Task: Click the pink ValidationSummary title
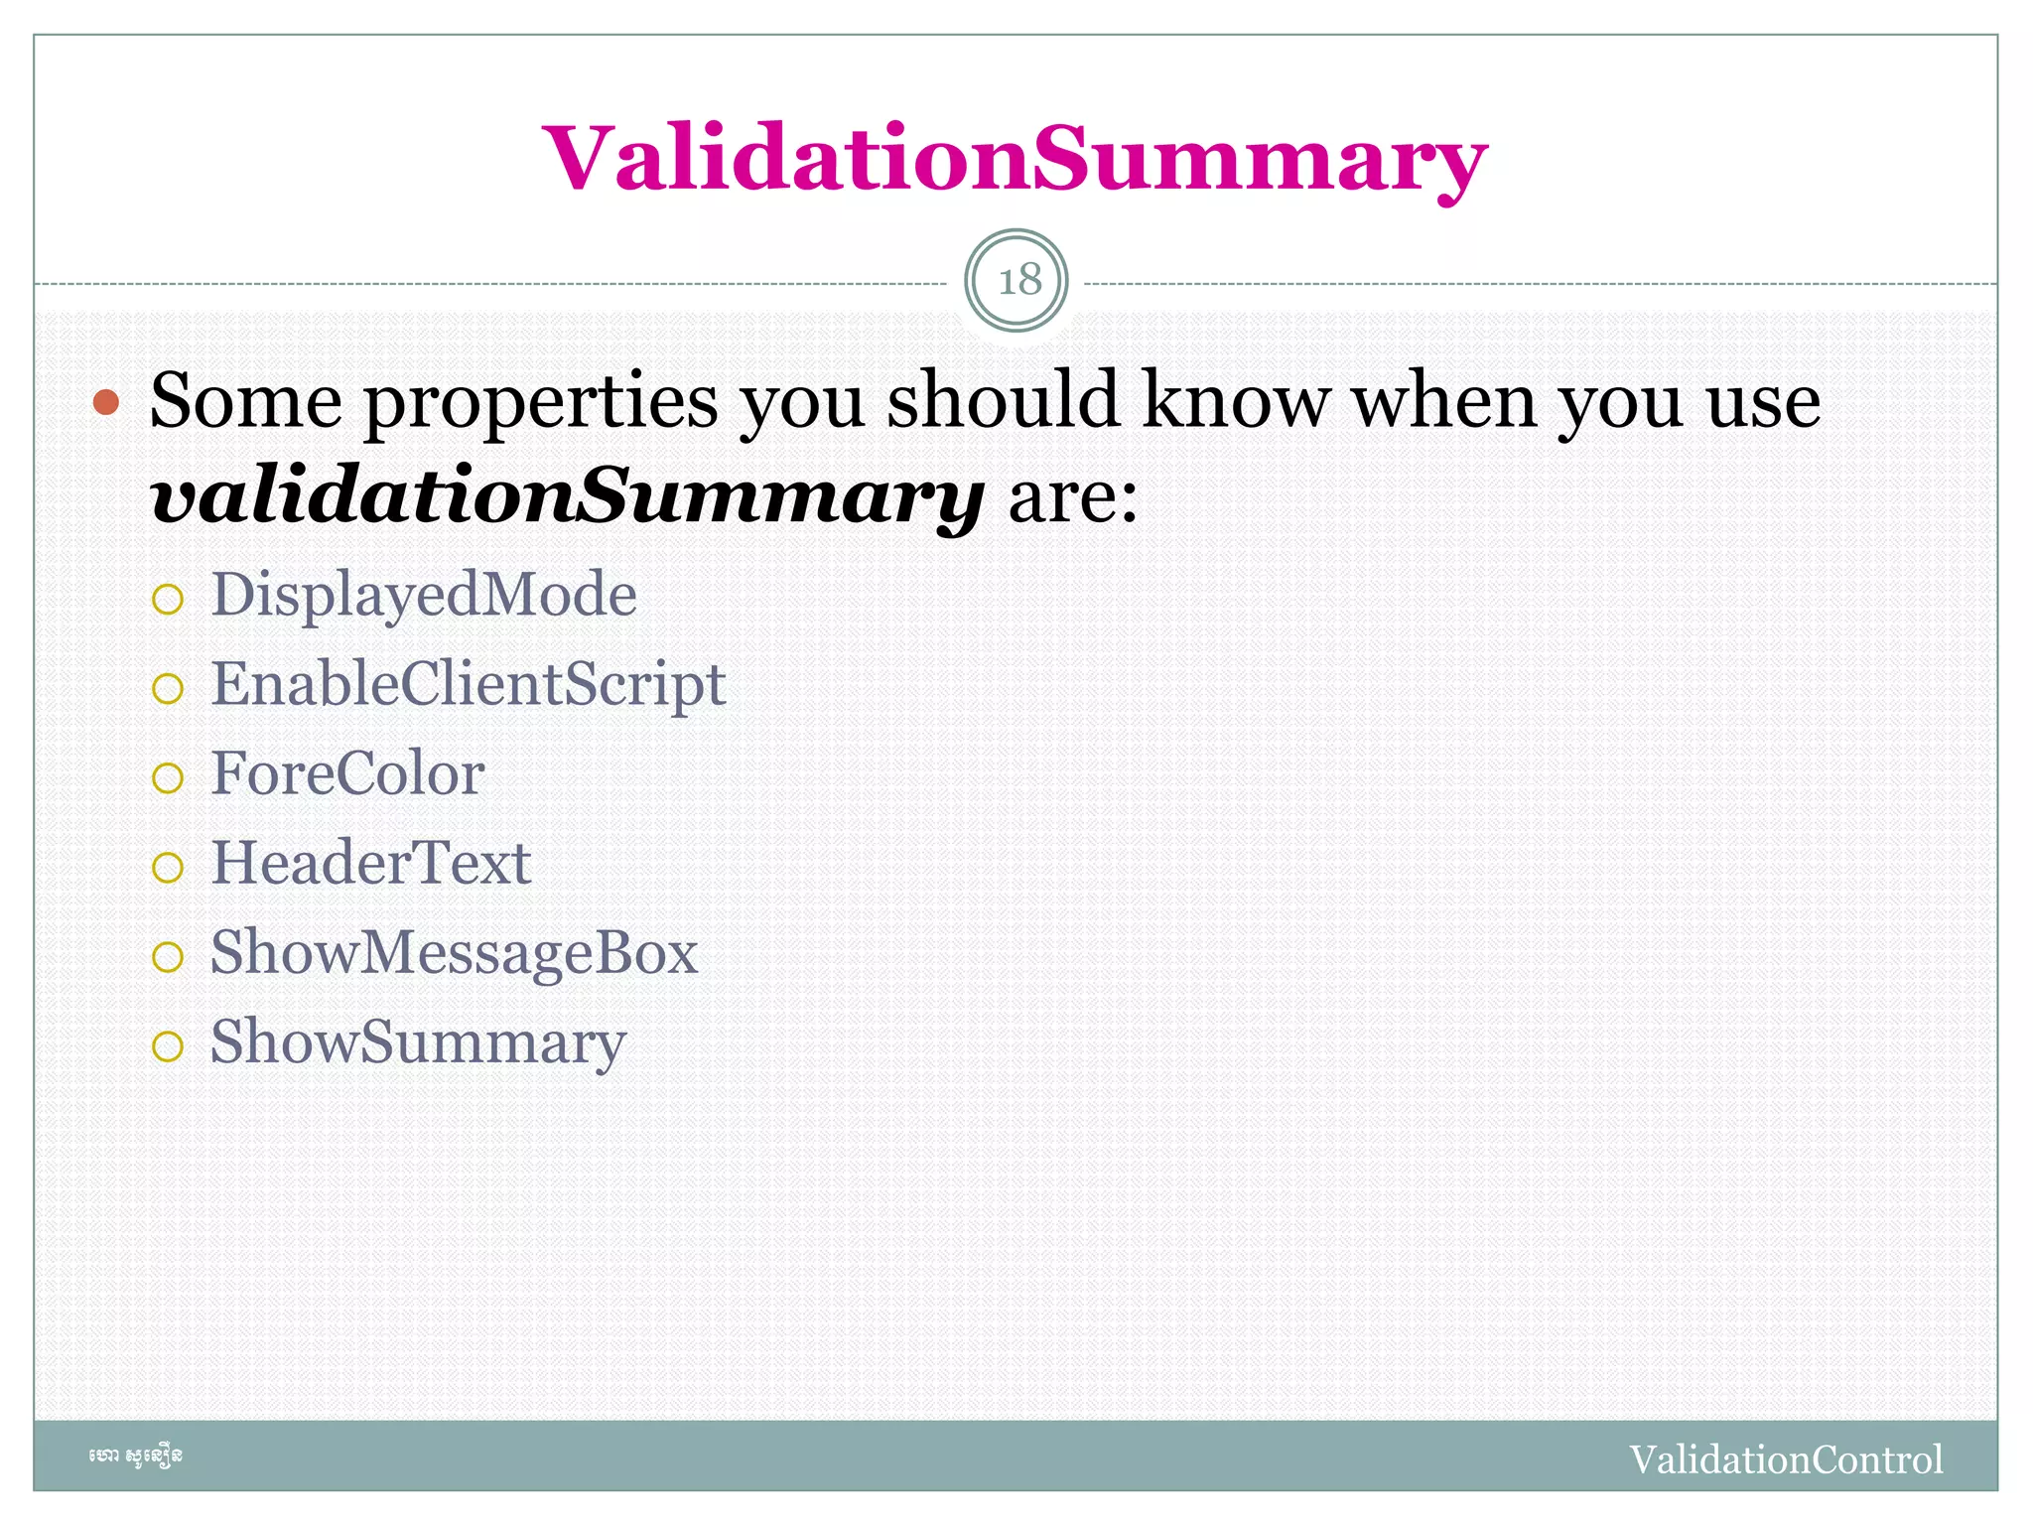[x=1015, y=159]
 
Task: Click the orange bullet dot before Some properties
[x=106, y=402]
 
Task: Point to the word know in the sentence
[x=1236, y=400]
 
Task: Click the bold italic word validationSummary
[x=567, y=495]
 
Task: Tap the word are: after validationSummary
[x=1073, y=495]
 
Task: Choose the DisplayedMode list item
[x=424, y=595]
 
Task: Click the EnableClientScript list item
[x=468, y=684]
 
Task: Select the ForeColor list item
[x=347, y=773]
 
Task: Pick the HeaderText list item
[x=371, y=863]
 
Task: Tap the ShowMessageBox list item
[x=454, y=952]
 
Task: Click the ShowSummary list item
[x=418, y=1042]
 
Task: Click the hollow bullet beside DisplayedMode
[x=168, y=599]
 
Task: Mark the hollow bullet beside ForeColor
[x=168, y=777]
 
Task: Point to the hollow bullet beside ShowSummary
[x=168, y=1046]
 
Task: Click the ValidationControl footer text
[x=1785, y=1459]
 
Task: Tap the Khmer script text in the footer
[x=135, y=1456]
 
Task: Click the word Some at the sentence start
[x=246, y=400]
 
